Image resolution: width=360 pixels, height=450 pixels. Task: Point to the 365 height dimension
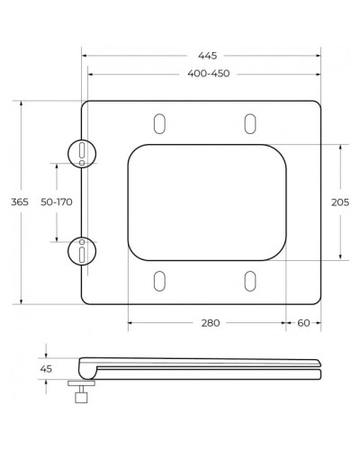point(19,202)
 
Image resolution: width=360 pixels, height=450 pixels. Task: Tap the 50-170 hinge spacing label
point(57,202)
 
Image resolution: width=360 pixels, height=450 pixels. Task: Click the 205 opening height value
point(340,202)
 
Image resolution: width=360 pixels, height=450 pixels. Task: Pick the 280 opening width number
point(209,321)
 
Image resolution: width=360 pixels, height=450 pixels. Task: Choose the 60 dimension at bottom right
point(303,321)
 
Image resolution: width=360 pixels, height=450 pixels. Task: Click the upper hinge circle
point(81,152)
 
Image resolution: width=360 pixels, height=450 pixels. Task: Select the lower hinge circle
point(81,251)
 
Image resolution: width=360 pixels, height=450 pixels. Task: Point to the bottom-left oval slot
point(160,281)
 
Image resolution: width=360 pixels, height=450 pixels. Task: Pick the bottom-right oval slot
point(248,281)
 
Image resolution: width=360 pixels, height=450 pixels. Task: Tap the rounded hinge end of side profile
point(86,366)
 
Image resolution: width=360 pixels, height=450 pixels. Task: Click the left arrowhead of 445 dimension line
point(85,56)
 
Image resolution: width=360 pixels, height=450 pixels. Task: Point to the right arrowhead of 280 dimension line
point(283,321)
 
